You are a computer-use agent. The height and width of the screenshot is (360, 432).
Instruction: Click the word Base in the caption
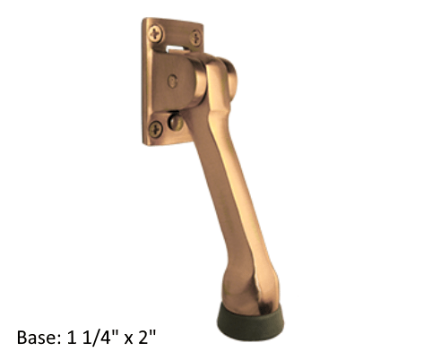pos(37,338)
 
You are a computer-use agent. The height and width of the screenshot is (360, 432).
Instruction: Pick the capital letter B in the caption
pos(22,338)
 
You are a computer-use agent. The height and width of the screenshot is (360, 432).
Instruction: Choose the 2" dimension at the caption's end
pos(143,338)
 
